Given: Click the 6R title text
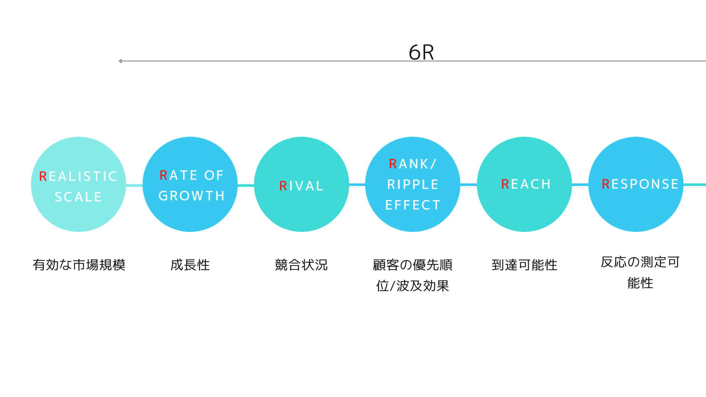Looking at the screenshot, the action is pos(421,52).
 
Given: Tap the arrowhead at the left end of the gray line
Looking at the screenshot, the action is pos(120,61).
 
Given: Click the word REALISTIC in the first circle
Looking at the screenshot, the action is pos(78,176).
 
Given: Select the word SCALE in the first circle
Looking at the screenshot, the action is pos(78,197).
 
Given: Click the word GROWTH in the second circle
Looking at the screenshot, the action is pos(192,196).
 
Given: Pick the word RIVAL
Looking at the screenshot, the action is pos(302,186).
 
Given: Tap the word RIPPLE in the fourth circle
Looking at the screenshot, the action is pos(413,185).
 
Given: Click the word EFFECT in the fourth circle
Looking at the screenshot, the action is pos(413,205).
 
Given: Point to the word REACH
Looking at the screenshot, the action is pos(526,184).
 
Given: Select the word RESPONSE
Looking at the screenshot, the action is pos(640,184).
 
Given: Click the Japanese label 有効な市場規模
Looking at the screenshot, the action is pos(79,265).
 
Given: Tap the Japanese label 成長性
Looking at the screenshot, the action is pos(190,265).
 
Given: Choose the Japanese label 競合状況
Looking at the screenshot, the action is pos(301,265).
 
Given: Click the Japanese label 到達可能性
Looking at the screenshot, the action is pos(525,265).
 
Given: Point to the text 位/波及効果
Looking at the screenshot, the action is pos(413,286).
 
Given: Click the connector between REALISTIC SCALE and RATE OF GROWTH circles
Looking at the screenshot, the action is pos(134,185).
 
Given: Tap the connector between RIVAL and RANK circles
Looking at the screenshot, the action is pos(357,185).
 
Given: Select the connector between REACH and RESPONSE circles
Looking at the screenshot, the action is pos(580,185).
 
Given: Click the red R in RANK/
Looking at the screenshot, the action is pos(393,164).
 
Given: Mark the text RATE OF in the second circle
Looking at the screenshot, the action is pos(192,175).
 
